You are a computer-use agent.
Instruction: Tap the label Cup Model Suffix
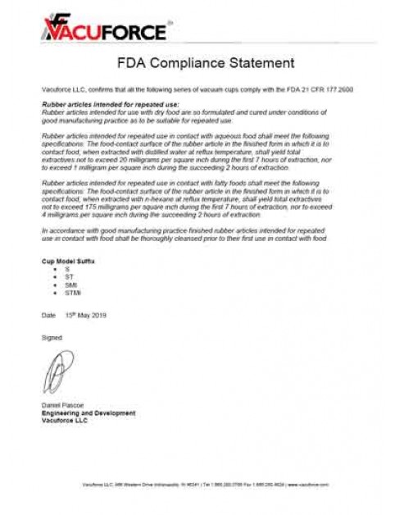(x=68, y=260)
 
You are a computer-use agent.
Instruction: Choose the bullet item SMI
(x=70, y=285)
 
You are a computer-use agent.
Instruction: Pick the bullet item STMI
(x=71, y=292)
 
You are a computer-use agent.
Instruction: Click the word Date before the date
(x=48, y=315)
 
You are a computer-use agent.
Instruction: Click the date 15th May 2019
(x=86, y=315)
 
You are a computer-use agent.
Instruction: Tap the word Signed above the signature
(x=51, y=336)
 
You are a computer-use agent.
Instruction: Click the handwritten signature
(x=55, y=373)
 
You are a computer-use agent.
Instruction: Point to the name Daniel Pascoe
(x=61, y=407)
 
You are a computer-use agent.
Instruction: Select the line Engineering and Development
(x=88, y=413)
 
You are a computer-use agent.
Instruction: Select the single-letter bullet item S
(x=67, y=268)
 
